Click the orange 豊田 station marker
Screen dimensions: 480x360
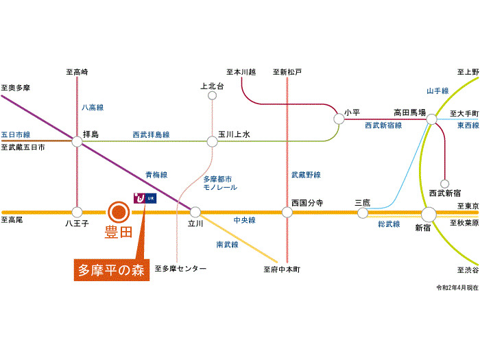tap(119, 212)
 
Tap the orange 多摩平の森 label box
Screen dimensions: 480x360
tap(112, 270)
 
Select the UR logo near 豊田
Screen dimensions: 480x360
tap(145, 198)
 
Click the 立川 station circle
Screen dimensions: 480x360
tap(195, 212)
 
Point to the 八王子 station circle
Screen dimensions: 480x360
tap(77, 212)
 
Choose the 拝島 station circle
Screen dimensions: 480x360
tap(77, 141)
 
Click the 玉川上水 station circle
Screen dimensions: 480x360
tap(212, 142)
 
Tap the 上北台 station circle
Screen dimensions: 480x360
tap(212, 96)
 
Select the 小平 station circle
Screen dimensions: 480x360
tap(339, 119)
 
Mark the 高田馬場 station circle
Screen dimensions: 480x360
tap(431, 119)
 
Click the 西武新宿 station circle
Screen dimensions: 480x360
tap(444, 184)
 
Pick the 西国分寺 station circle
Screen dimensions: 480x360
tap(287, 212)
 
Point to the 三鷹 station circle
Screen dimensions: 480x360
tap(363, 213)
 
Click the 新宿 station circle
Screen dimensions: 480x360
tap(429, 214)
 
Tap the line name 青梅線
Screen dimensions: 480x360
tap(156, 175)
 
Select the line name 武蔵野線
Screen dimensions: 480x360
tap(306, 175)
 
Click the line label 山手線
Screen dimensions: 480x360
tap(437, 91)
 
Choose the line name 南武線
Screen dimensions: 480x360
tap(227, 245)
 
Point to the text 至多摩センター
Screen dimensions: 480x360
tap(180, 269)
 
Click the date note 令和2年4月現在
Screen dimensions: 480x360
tap(457, 288)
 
